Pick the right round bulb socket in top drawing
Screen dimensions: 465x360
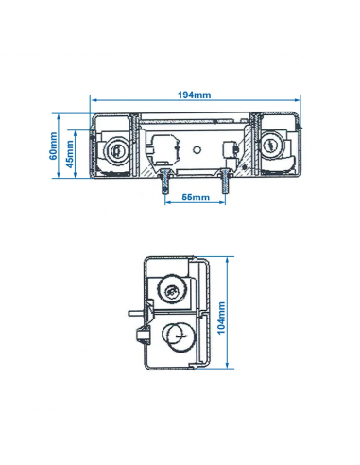click(x=270, y=146)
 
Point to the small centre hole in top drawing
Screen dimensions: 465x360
click(x=194, y=148)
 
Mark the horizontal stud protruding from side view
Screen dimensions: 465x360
click(x=130, y=310)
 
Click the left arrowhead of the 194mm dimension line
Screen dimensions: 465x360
click(x=93, y=99)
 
